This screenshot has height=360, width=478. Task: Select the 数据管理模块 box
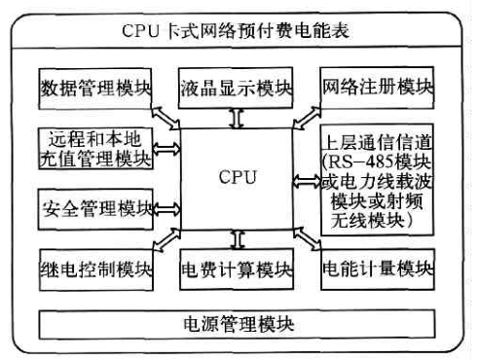click(x=97, y=89)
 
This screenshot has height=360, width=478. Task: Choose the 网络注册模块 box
click(x=377, y=89)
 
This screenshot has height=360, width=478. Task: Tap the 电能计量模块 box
click(x=377, y=268)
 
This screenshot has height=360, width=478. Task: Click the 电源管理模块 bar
click(x=238, y=322)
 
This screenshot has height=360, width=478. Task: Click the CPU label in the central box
click(x=237, y=178)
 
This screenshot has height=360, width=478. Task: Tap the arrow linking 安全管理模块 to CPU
click(x=166, y=208)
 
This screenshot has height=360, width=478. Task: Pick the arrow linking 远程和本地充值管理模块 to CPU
click(x=166, y=149)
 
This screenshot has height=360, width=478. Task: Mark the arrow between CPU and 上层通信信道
click(x=308, y=180)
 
